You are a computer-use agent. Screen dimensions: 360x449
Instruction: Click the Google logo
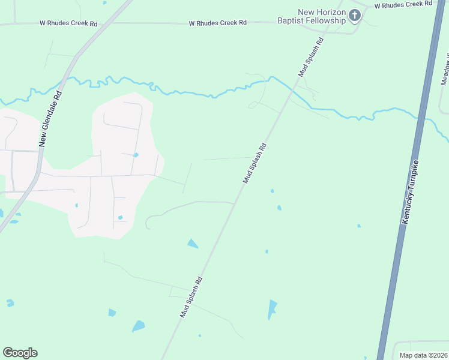pyautogui.click(x=20, y=353)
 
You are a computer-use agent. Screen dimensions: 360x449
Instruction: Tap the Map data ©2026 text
pyautogui.click(x=423, y=355)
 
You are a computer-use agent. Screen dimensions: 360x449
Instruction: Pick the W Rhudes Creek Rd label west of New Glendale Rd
pyautogui.click(x=68, y=24)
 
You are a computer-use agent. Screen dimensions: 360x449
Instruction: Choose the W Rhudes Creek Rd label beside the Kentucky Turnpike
pyautogui.click(x=403, y=5)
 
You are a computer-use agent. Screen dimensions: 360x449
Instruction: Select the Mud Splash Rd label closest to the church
pyautogui.click(x=312, y=57)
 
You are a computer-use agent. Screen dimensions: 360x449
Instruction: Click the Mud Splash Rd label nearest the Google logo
pyautogui.click(x=191, y=297)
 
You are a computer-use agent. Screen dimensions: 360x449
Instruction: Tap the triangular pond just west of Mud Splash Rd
pyautogui.click(x=192, y=243)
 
